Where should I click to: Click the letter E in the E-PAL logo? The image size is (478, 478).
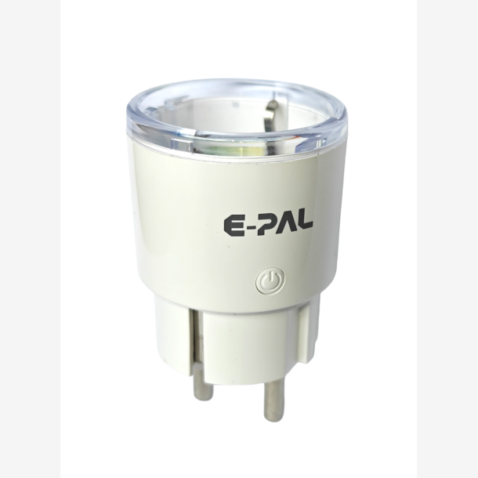[234, 226]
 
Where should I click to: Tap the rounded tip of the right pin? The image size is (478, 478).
[273, 415]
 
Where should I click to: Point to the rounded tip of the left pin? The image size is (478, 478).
[203, 395]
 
